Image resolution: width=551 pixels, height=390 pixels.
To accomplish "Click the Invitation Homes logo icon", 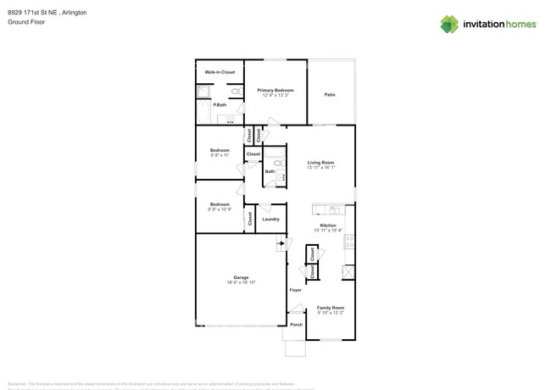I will tap(449, 24).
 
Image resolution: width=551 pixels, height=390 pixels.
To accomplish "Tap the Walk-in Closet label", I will tap(220, 72).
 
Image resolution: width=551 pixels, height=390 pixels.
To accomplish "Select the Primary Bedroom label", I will tap(275, 90).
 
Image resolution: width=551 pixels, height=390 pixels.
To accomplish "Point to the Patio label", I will tap(330, 94).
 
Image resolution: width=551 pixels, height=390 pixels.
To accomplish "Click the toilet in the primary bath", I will tap(236, 91).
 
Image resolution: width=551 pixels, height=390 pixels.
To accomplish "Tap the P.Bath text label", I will tap(220, 104).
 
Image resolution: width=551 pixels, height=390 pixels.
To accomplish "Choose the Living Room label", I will tap(320, 162).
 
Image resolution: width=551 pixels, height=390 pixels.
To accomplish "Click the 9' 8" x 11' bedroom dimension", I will tap(220, 155).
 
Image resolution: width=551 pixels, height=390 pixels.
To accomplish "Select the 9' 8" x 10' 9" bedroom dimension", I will tap(220, 209).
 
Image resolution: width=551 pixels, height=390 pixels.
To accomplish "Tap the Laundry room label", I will tap(270, 219).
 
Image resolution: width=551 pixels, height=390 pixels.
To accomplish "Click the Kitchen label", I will tap(328, 226).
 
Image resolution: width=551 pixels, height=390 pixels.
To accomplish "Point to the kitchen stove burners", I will tap(348, 241).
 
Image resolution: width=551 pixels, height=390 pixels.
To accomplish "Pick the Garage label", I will tap(241, 277).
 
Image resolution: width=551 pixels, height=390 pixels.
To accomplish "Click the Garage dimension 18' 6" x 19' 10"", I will tap(241, 282).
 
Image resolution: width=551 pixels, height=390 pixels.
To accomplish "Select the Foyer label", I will tap(295, 290).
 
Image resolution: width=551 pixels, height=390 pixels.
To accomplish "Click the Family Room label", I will tap(331, 308).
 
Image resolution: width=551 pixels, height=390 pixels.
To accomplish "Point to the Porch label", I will tap(296, 324).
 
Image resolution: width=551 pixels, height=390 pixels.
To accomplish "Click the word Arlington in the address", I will tap(73, 13).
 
